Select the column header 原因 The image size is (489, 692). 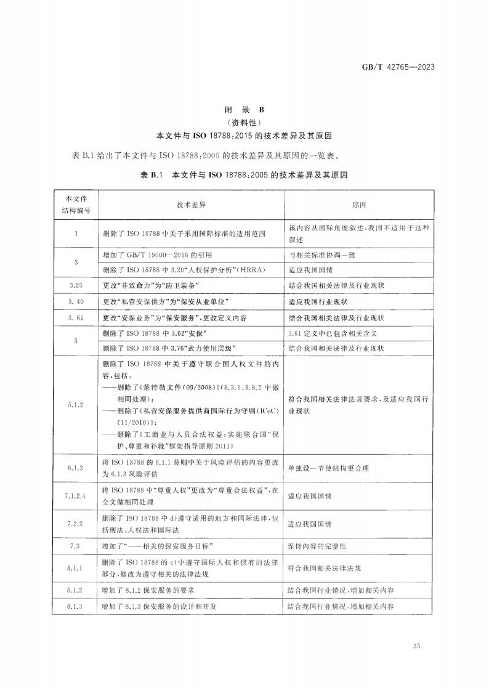pos(359,204)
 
